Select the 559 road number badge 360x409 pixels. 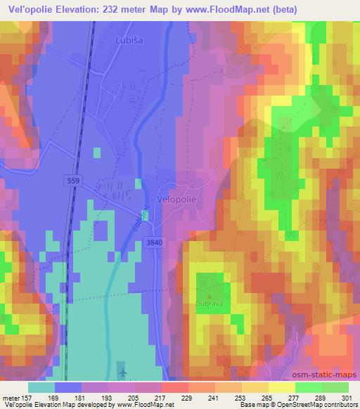[76, 181]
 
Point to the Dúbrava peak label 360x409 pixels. [209, 304]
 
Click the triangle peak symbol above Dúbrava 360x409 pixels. [209, 297]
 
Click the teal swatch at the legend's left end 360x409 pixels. [41, 387]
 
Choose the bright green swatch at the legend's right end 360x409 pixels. [335, 387]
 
